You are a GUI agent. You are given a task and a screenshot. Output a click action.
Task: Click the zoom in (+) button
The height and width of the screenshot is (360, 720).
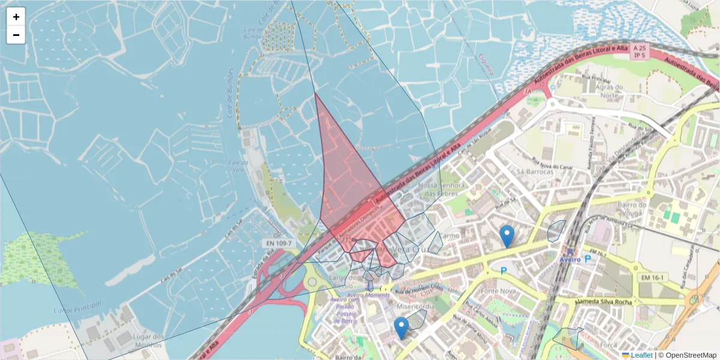(16, 17)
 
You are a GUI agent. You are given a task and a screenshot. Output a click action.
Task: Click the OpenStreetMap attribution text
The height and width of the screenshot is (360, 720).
(687, 355)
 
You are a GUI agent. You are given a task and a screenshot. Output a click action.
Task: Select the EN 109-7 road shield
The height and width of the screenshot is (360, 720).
(277, 243)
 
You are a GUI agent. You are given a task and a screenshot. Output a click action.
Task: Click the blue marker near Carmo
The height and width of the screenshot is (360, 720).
(507, 236)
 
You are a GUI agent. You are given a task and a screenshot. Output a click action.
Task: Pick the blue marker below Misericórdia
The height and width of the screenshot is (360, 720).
(401, 328)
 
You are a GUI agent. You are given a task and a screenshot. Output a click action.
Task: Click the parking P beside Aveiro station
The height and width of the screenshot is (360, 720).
(588, 259)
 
